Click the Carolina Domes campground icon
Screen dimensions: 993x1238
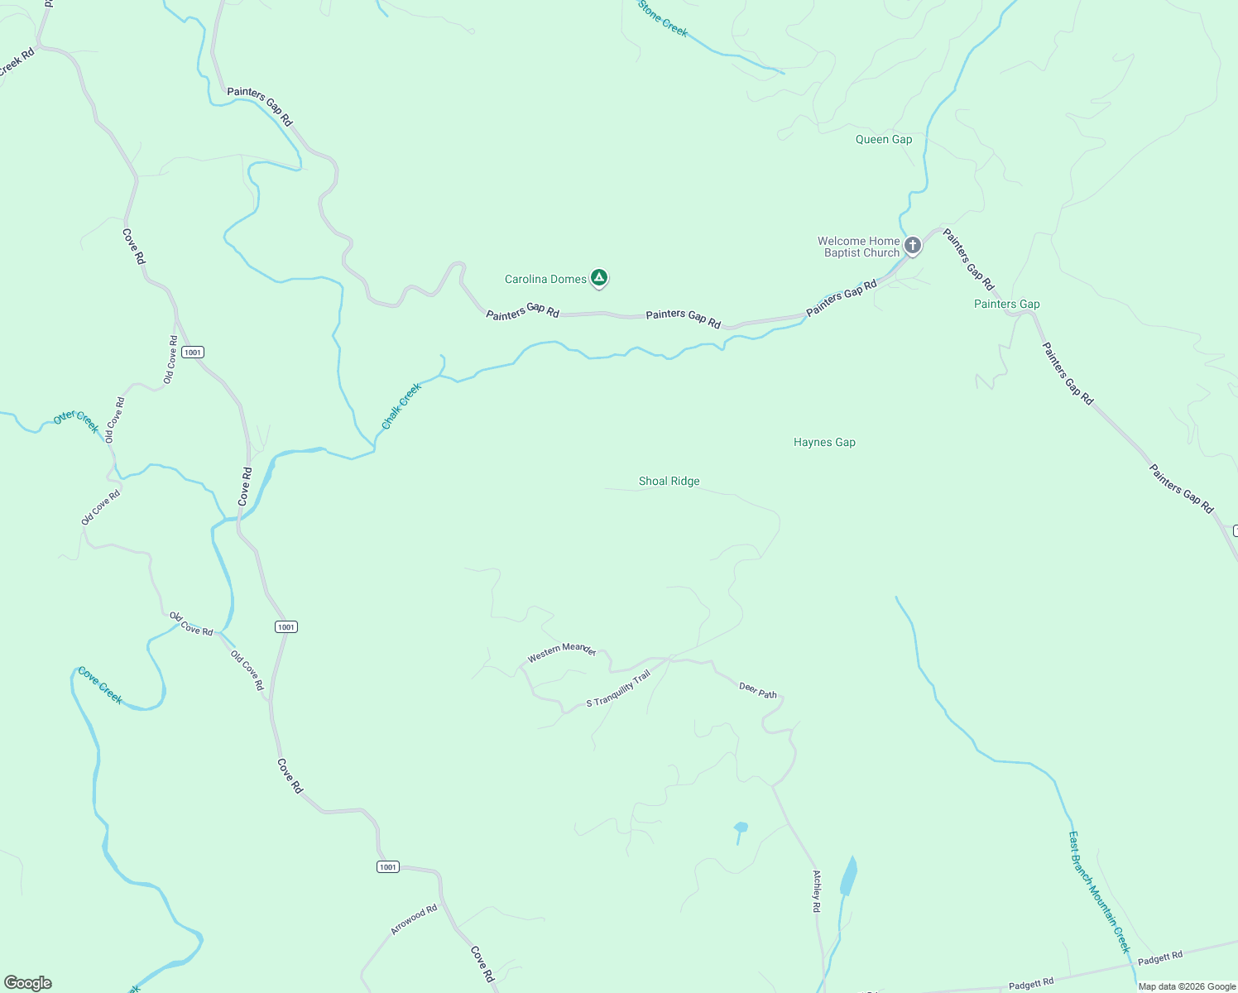(x=599, y=278)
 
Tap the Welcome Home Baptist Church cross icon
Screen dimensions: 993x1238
(x=912, y=245)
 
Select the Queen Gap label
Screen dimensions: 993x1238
(x=884, y=139)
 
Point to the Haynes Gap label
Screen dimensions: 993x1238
(x=824, y=442)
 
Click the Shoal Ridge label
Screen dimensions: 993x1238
(x=669, y=481)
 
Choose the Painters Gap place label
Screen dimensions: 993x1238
(x=1006, y=304)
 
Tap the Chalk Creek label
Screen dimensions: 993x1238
(x=401, y=405)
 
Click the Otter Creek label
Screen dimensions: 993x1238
(x=76, y=420)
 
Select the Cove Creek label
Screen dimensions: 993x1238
(x=100, y=686)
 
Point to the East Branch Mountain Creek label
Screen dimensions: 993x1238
(x=1098, y=892)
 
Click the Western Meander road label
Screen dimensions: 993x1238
(x=562, y=651)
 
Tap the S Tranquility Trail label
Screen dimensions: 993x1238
(x=618, y=688)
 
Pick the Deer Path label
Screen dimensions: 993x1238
(x=758, y=689)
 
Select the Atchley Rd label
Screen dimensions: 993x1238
(x=817, y=890)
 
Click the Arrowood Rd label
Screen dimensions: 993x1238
(x=414, y=919)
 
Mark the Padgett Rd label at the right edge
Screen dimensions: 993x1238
(x=1160, y=957)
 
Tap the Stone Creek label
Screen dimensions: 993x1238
(x=663, y=17)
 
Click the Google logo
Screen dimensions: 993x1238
(x=28, y=982)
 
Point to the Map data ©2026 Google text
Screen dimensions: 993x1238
(x=1186, y=986)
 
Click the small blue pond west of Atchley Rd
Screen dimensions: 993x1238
(x=741, y=827)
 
